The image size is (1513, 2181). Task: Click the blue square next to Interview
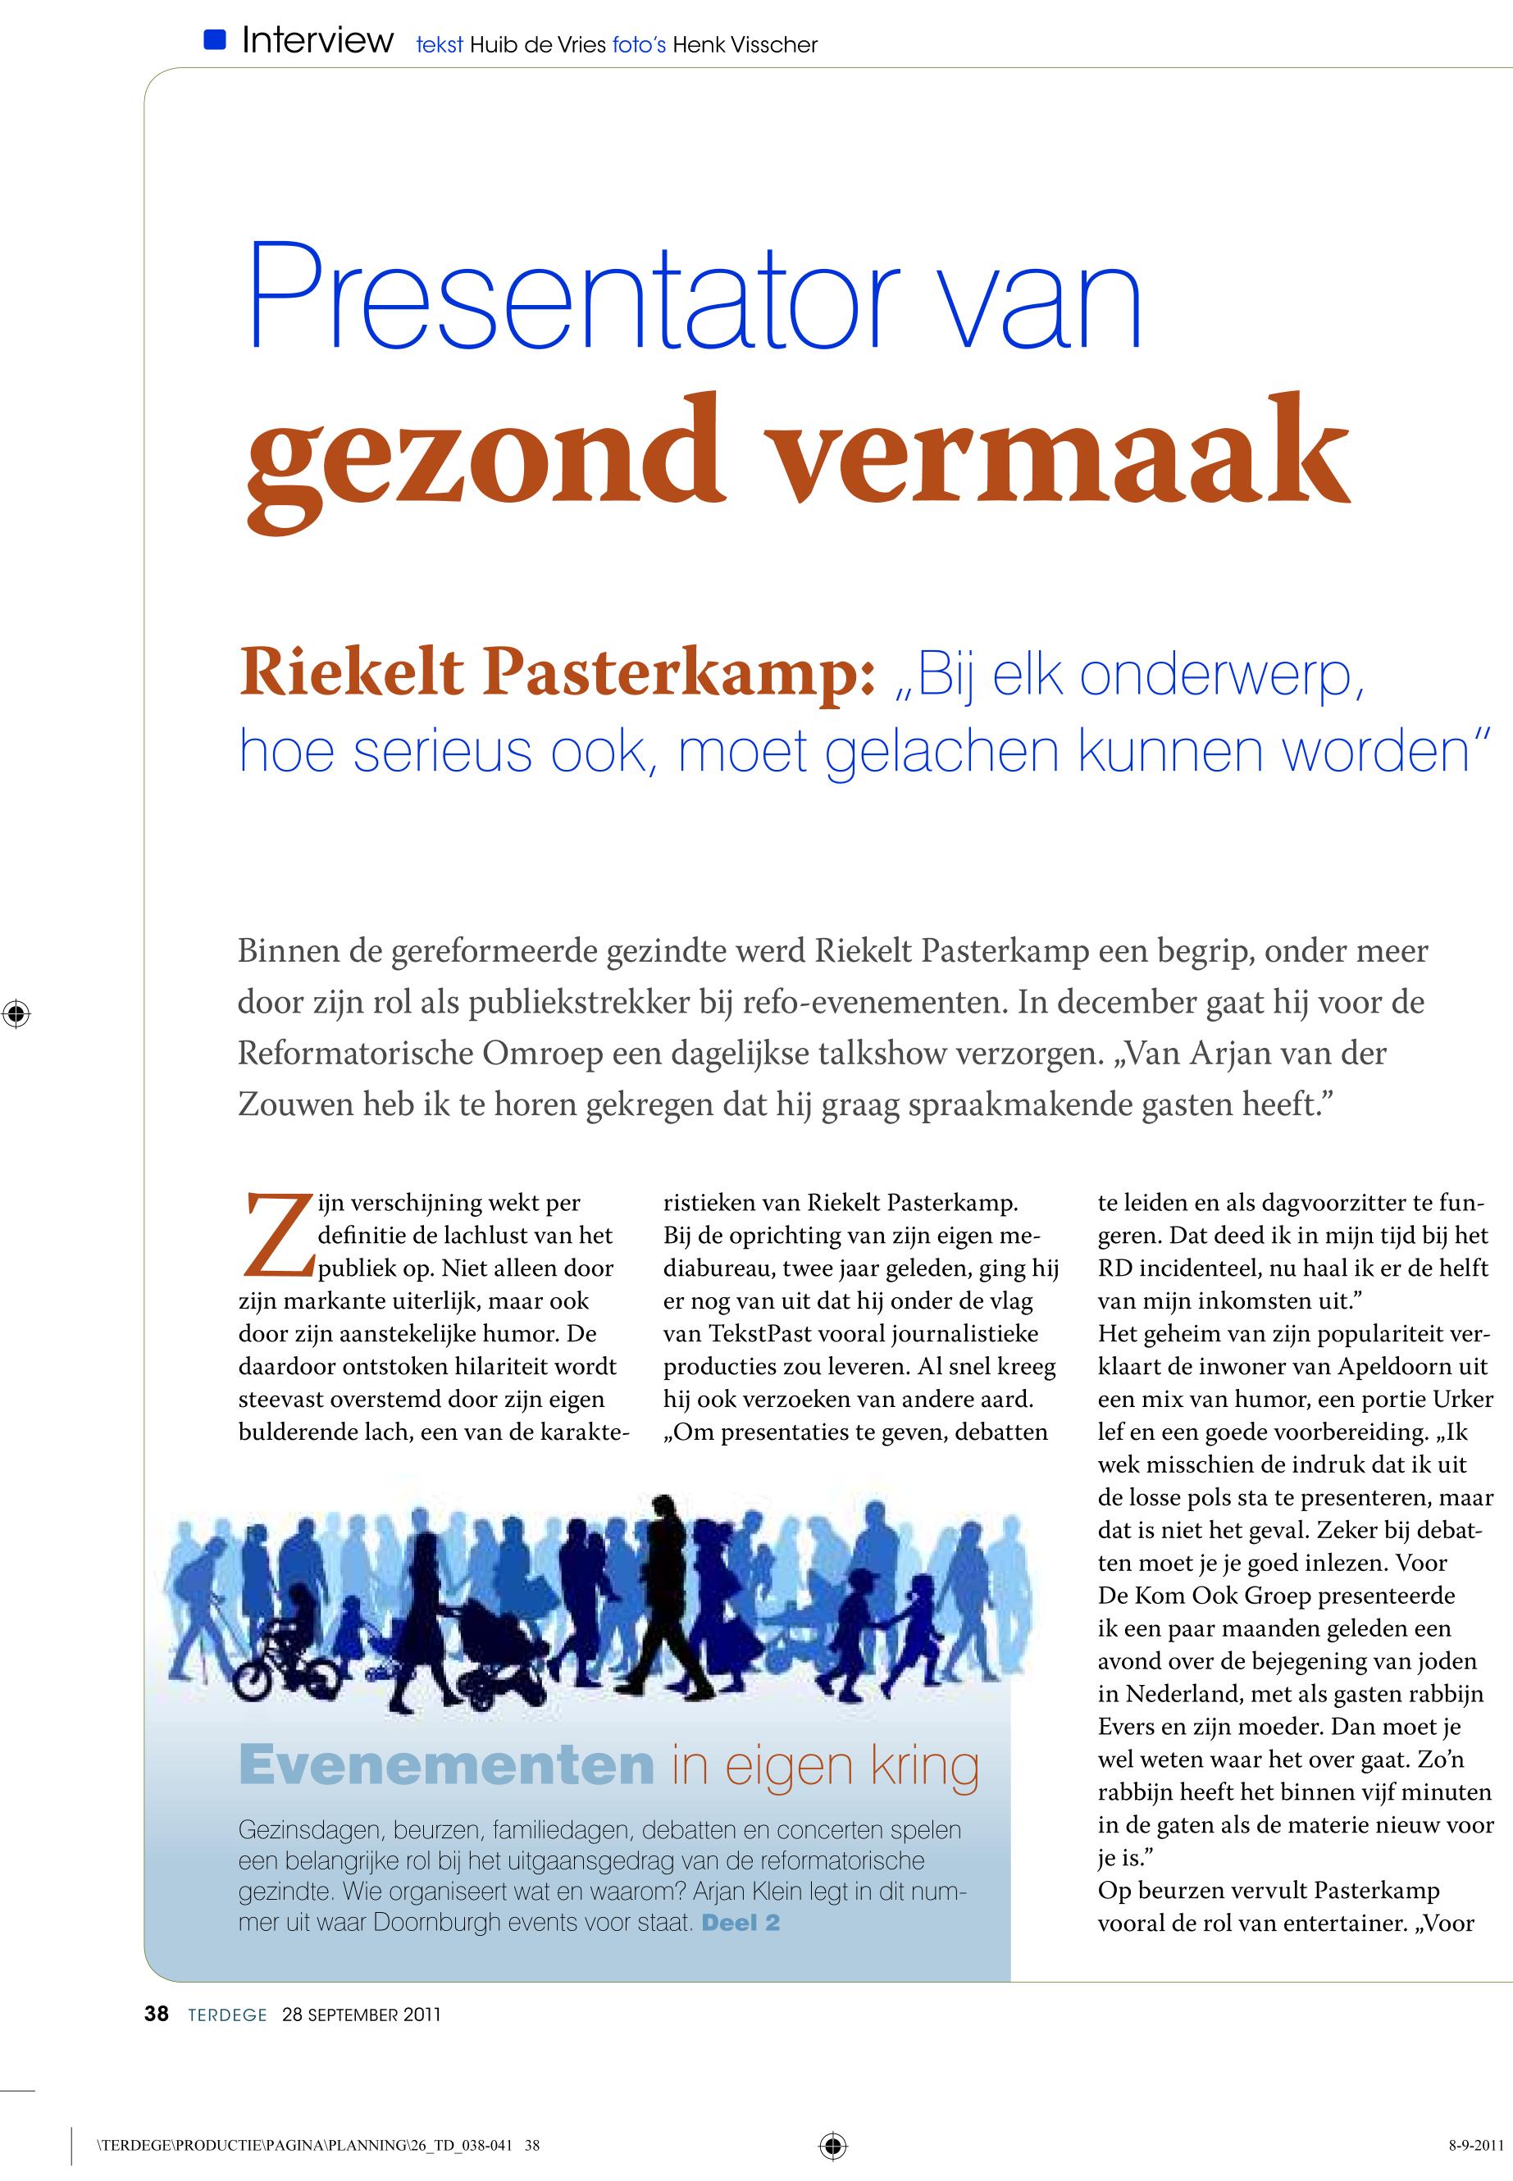(x=215, y=40)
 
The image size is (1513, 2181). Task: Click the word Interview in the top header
(x=317, y=41)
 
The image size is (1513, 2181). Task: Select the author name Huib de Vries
(x=537, y=44)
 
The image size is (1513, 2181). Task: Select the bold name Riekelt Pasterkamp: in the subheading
(x=557, y=673)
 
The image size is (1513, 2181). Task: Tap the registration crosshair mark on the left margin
(x=16, y=1013)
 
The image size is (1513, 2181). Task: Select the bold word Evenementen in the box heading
(x=446, y=1765)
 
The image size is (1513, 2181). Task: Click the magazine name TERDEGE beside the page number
(x=227, y=2015)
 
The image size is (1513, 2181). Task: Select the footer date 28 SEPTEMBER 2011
(x=361, y=2015)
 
